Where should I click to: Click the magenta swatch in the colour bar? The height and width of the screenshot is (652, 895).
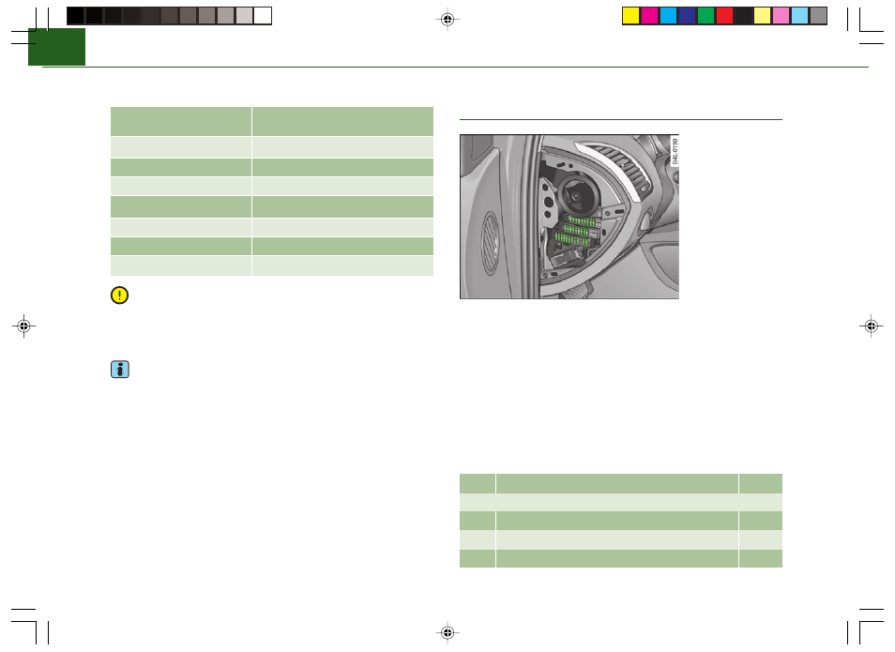[x=649, y=15]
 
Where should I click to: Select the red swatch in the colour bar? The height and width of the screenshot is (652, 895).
[x=724, y=15]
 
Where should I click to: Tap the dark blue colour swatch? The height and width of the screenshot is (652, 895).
[x=687, y=15]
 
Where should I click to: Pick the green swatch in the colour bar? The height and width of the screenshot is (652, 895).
[x=705, y=15]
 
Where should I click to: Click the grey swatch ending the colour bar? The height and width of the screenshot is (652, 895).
[x=818, y=15]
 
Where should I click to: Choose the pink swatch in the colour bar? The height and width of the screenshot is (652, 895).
[x=781, y=15]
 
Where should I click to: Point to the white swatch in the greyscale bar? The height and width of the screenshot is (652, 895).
[x=263, y=15]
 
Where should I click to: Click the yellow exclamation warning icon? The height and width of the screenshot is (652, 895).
[x=119, y=296]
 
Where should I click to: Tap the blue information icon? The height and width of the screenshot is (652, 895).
[x=120, y=370]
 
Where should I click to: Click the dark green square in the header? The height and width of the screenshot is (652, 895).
[x=56, y=47]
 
